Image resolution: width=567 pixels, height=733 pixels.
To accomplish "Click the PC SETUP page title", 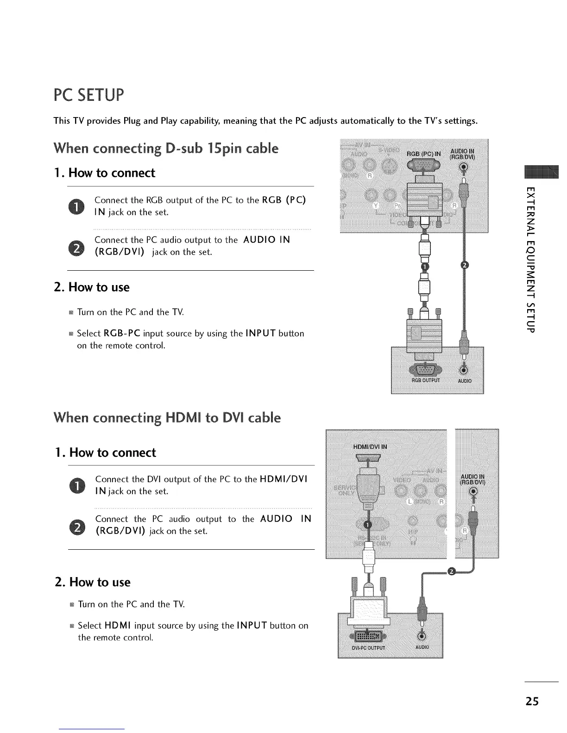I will click(x=89, y=95).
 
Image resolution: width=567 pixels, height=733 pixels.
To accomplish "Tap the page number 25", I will click(x=532, y=701).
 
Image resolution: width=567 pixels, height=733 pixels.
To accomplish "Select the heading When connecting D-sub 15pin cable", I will click(x=166, y=149).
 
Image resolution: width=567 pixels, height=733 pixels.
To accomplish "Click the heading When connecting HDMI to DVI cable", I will click(x=167, y=417).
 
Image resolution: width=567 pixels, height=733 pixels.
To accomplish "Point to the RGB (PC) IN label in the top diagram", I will click(x=424, y=154).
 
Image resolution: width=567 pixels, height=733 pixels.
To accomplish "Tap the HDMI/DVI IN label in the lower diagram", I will click(x=370, y=447).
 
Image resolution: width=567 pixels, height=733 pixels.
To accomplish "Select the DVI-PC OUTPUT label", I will click(x=368, y=647).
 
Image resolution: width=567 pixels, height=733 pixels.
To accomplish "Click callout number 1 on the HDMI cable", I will click(x=367, y=524).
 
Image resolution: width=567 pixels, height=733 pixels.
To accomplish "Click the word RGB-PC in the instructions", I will click(x=122, y=333).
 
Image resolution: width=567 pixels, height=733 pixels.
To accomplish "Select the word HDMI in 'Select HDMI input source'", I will click(x=118, y=626).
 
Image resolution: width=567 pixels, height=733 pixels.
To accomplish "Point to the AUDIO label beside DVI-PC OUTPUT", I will click(x=422, y=647).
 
